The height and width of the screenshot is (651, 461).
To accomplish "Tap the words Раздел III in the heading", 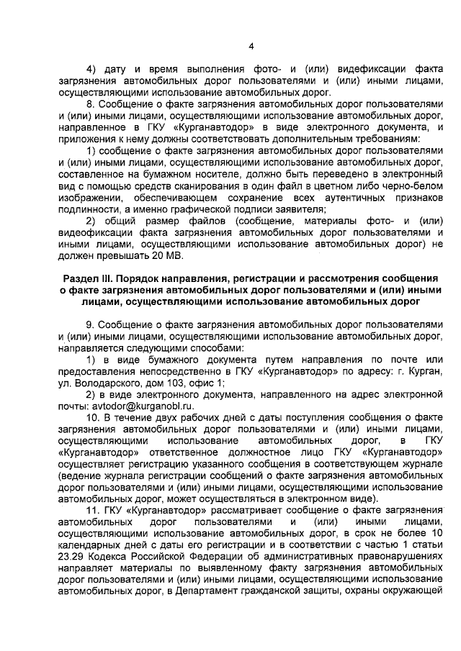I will (x=97, y=278).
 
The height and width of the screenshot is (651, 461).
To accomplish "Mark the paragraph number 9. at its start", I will (x=90, y=324).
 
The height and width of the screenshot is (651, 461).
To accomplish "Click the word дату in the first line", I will (x=116, y=70).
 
